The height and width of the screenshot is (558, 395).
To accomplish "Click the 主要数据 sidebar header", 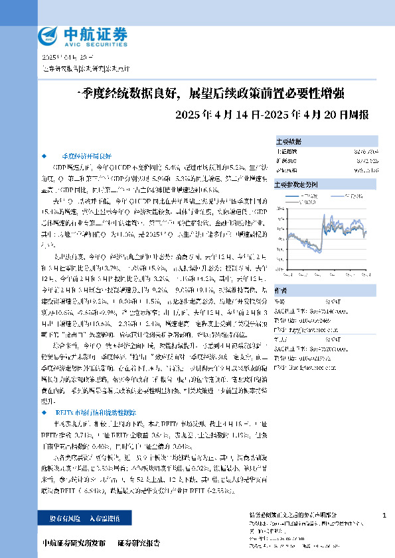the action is [288, 141].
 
